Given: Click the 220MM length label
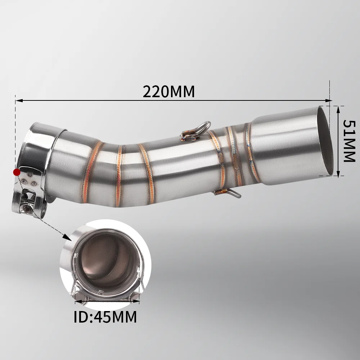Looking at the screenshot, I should click(x=168, y=91).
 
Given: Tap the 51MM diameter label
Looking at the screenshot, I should click(x=348, y=141).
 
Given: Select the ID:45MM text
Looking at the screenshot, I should click(x=105, y=317).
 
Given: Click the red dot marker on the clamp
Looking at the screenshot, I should click(x=17, y=172).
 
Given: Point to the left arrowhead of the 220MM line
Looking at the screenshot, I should click(x=18, y=100).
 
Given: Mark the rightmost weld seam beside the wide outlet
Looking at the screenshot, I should click(x=251, y=151).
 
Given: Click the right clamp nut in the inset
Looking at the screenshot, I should click(x=136, y=296).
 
